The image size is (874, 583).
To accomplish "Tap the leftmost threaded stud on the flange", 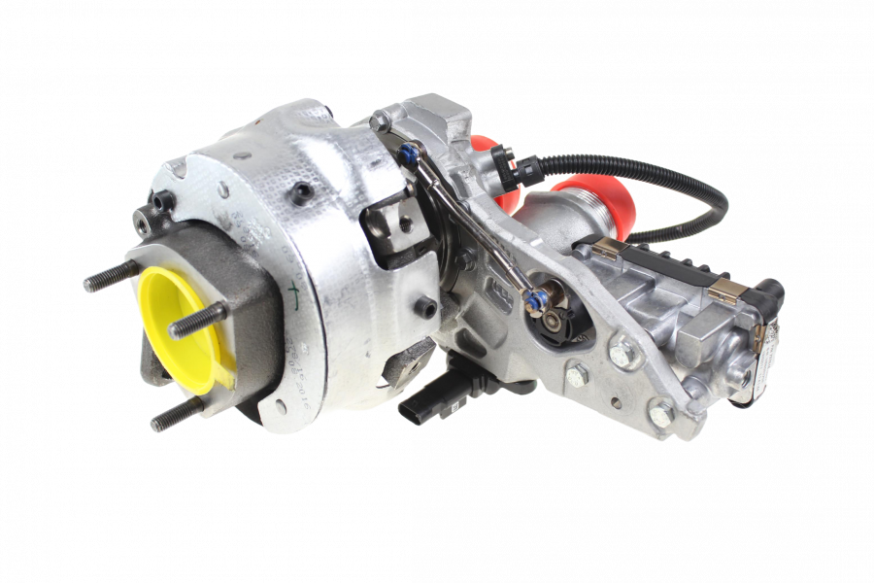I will [x=107, y=276].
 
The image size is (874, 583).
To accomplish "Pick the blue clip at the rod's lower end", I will [x=533, y=300].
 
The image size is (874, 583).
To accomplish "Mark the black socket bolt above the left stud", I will [x=159, y=203].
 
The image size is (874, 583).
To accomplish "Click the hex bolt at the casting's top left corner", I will [x=381, y=121].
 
